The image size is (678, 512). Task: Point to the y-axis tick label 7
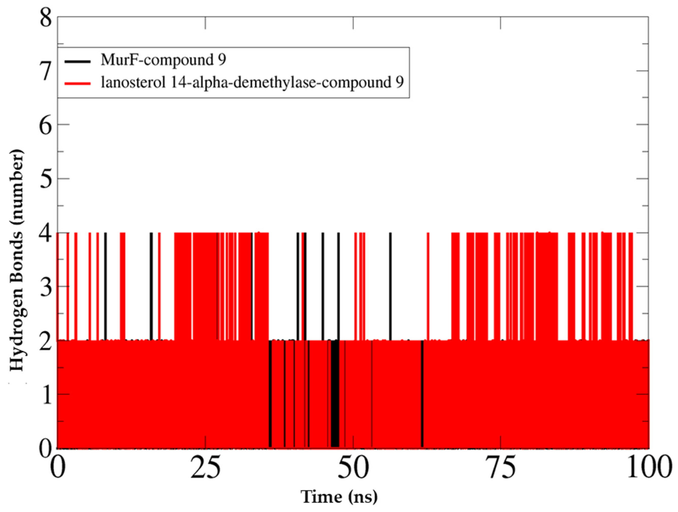(x=45, y=72)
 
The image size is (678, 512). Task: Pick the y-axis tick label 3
(x=45, y=287)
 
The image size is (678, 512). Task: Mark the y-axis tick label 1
(x=45, y=395)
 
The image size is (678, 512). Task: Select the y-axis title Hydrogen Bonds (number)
(x=17, y=260)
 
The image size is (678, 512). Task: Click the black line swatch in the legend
(x=78, y=61)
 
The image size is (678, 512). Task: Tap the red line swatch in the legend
(x=78, y=83)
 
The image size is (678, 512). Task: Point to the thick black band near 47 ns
(x=335, y=395)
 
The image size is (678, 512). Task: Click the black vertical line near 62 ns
(x=422, y=395)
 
